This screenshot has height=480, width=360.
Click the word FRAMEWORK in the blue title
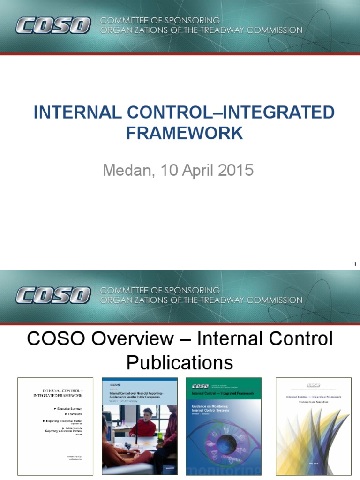point(184,133)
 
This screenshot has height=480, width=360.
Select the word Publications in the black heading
point(180,362)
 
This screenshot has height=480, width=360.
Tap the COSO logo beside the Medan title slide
point(52,25)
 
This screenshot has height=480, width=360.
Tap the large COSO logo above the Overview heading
point(52,295)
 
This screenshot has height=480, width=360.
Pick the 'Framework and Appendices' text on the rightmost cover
point(313,402)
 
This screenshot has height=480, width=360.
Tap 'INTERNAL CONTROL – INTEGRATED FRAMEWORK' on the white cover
point(62,393)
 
